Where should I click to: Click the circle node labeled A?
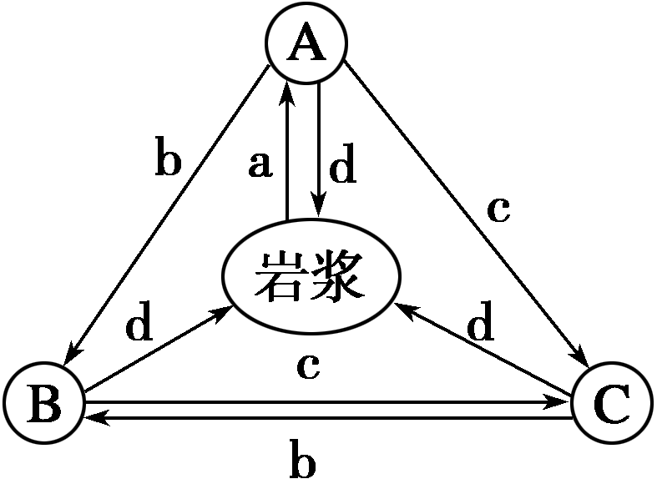click(x=306, y=44)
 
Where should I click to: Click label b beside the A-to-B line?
click(x=167, y=159)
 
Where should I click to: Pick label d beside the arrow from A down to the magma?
click(x=342, y=168)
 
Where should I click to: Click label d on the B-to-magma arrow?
click(x=139, y=325)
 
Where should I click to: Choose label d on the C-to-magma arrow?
click(x=480, y=325)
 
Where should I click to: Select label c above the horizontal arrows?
click(x=307, y=366)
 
